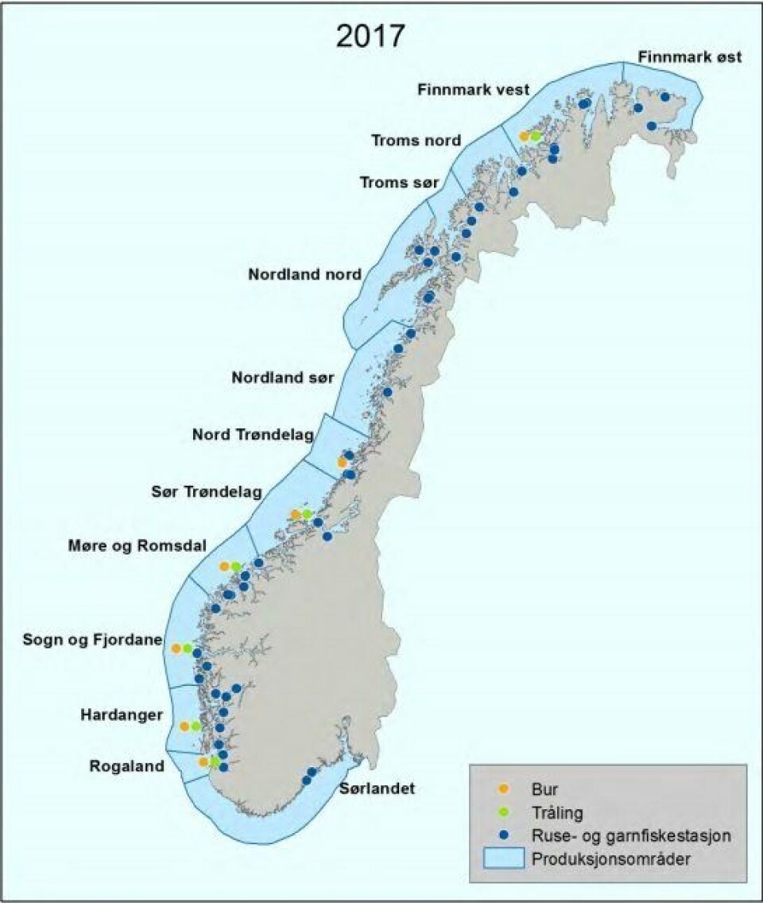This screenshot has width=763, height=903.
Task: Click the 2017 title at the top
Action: (370, 37)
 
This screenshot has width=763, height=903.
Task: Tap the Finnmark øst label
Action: (689, 57)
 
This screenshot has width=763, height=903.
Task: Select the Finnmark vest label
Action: (473, 90)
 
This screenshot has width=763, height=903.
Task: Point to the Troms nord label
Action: (416, 141)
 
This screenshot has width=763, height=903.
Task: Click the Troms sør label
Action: (399, 183)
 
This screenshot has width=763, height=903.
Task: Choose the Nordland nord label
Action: (304, 274)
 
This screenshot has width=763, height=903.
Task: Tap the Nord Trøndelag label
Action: (253, 435)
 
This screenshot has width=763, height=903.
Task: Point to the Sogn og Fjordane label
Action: (92, 640)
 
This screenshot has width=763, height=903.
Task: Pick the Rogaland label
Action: (126, 766)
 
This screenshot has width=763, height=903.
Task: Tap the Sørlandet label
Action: (377, 789)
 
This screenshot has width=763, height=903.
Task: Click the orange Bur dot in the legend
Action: (502, 789)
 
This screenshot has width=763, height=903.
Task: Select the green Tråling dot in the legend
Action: (502, 812)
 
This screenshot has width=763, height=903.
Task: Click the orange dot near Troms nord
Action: (524, 137)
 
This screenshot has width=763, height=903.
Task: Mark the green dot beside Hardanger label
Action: (196, 727)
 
